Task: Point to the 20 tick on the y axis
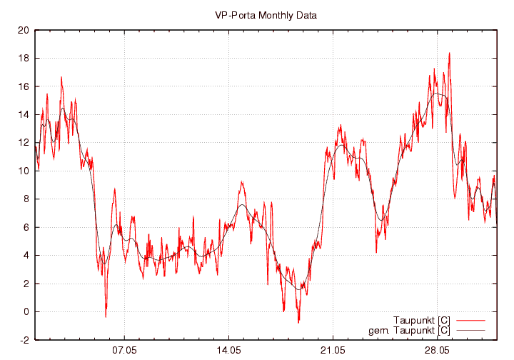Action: tap(24, 31)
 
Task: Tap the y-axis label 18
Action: tap(24, 59)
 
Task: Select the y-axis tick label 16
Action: tap(24, 86)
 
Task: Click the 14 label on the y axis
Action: tap(24, 115)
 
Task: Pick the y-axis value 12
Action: tap(24, 143)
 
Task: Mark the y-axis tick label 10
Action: tap(24, 171)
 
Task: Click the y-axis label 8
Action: tap(26, 199)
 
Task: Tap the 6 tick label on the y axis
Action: tap(26, 227)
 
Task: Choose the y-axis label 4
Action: tap(26, 256)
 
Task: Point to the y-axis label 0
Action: tap(26, 312)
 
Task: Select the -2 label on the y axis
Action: tap(24, 340)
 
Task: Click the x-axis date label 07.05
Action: tap(124, 351)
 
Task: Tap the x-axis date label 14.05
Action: tap(228, 351)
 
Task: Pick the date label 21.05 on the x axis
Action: tap(333, 351)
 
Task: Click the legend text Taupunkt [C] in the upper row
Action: tap(421, 319)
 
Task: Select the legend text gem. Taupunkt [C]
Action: tap(409, 330)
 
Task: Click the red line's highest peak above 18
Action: tap(449, 53)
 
